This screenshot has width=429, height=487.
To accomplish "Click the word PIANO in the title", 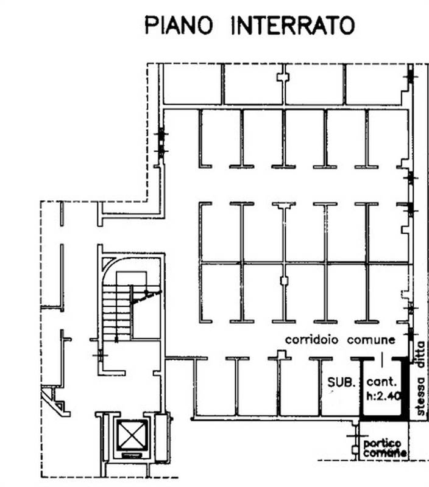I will [x=180, y=26].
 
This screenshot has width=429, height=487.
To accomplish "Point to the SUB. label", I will [x=342, y=383].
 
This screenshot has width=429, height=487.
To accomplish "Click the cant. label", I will [x=382, y=383].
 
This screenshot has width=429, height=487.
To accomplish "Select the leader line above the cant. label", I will [x=382, y=360].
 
